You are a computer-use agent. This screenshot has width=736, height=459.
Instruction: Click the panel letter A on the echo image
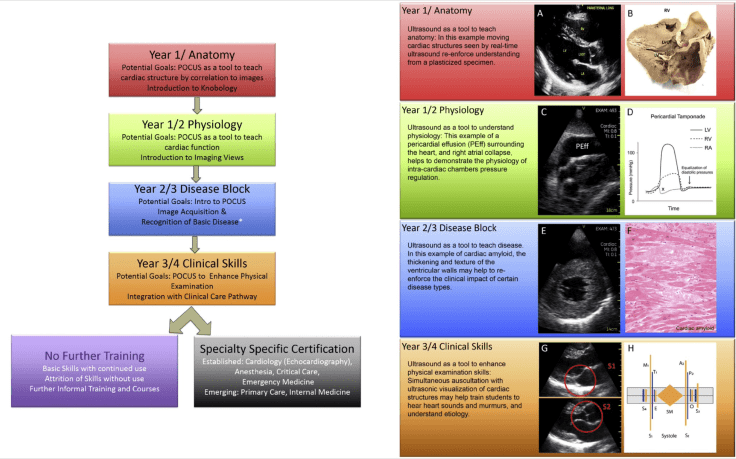pyautogui.click(x=541, y=15)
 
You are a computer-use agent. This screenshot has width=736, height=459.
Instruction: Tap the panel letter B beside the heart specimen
pyautogui.click(x=630, y=15)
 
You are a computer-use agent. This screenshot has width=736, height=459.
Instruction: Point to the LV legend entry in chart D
pyautogui.click(x=707, y=130)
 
